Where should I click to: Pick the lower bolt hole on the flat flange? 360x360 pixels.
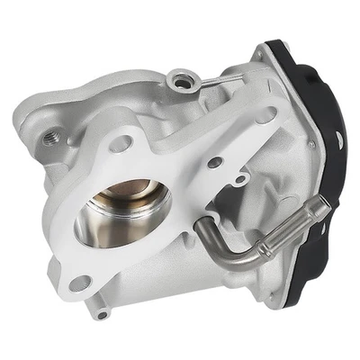pos(82,283)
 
